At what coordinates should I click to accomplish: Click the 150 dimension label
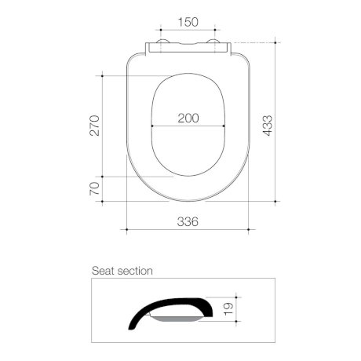[188, 22]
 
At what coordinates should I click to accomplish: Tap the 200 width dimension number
[188, 118]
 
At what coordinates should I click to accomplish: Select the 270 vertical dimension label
[94, 126]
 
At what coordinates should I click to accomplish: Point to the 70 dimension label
[94, 188]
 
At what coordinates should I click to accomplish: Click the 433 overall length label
[268, 126]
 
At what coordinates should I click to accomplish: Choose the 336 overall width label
[188, 221]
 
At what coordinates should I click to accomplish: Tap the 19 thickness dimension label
[228, 309]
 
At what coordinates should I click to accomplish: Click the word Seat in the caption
[104, 271]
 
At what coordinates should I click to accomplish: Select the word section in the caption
[135, 271]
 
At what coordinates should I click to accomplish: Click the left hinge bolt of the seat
[162, 42]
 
